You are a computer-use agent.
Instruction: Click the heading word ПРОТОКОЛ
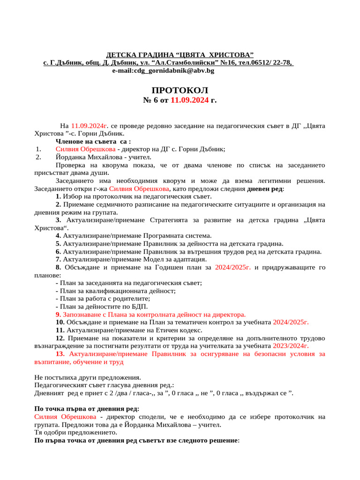pyautogui.click(x=180, y=90)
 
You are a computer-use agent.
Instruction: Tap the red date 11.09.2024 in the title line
pyautogui.click(x=189, y=100)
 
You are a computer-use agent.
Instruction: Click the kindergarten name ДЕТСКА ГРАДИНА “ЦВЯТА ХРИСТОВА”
pyautogui.click(x=180, y=55)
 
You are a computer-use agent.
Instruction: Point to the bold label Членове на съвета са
pyautogui.click(x=93, y=141)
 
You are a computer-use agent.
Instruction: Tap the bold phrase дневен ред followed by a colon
pyautogui.click(x=265, y=188)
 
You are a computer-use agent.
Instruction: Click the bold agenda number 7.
pyautogui.click(x=58, y=259)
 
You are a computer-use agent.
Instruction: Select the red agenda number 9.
pyautogui.click(x=58, y=315)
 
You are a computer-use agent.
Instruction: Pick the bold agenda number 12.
pyautogui.click(x=60, y=338)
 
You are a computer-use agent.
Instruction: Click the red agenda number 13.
pyautogui.click(x=60, y=354)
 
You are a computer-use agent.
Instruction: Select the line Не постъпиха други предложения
pyautogui.click(x=88, y=377)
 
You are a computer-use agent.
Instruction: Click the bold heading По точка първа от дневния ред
pyautogui.click(x=87, y=409)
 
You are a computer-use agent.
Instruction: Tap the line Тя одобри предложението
pyautogui.click(x=75, y=433)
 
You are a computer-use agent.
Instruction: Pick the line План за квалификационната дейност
pyautogui.click(x=115, y=291)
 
